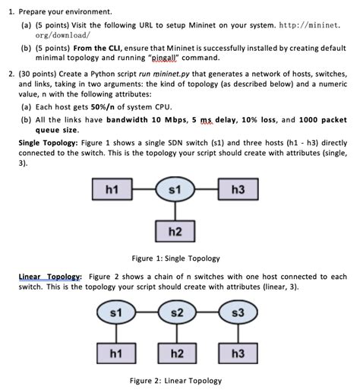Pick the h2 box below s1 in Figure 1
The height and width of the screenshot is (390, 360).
[174, 230]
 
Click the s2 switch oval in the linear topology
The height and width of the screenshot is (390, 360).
[175, 313]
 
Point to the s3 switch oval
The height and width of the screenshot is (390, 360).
[238, 313]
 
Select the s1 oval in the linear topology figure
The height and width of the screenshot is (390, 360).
[116, 313]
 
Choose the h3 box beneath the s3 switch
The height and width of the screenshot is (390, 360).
[238, 353]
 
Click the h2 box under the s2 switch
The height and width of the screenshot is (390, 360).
[175, 353]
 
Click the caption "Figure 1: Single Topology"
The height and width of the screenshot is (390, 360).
[175, 258]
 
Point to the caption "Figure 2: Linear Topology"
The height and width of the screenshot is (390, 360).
[175, 380]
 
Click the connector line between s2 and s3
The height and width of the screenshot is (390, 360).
[207, 313]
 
